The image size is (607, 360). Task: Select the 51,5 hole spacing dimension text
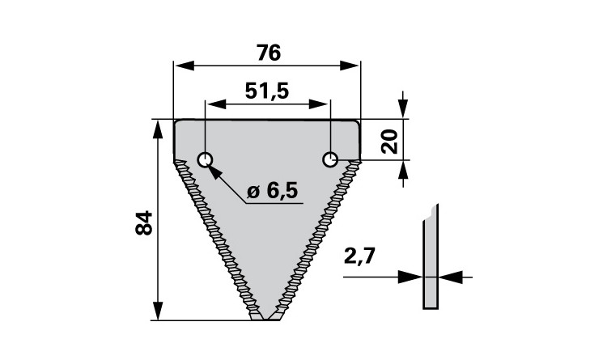click(267, 91)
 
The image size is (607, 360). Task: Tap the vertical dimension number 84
click(144, 223)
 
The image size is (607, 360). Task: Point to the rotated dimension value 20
click(390, 142)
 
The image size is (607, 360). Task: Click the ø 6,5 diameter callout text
click(272, 191)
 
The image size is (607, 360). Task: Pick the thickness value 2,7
click(359, 256)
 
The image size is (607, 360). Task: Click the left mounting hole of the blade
click(205, 159)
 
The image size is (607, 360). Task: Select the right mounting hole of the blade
click(330, 159)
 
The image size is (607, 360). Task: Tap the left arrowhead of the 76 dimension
click(185, 66)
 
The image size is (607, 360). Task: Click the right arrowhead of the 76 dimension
click(350, 66)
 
